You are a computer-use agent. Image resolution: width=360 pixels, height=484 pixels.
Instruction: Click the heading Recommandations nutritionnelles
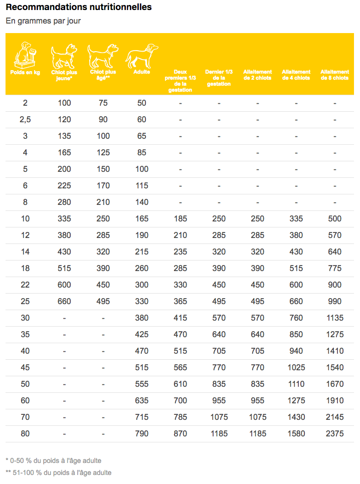(x=79, y=8)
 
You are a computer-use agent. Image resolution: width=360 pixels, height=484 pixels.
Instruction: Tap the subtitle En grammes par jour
(x=43, y=21)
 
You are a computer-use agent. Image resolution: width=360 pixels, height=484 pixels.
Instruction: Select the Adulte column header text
(x=142, y=72)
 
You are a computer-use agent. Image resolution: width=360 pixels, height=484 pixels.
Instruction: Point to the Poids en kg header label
(x=25, y=72)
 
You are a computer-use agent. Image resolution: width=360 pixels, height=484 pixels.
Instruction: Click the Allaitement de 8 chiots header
(x=334, y=75)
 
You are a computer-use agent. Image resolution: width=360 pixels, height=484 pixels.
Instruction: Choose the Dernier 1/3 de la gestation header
(x=219, y=78)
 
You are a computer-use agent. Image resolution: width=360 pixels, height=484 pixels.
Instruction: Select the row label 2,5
(x=25, y=120)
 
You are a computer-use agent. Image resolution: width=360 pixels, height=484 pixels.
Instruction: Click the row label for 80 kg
(x=25, y=433)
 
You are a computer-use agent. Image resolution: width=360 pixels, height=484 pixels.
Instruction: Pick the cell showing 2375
(x=334, y=433)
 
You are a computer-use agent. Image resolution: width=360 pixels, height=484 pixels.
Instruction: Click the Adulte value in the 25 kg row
(x=142, y=301)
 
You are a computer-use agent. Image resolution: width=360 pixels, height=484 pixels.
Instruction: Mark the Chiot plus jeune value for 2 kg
(x=64, y=103)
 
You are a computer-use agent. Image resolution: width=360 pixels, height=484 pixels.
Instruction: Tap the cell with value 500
(x=334, y=218)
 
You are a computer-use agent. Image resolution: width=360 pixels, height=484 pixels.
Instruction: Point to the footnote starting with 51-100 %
(x=59, y=472)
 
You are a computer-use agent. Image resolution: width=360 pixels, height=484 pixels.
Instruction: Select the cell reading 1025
(x=296, y=367)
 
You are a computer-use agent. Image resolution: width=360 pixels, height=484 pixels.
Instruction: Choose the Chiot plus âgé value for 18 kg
(x=103, y=268)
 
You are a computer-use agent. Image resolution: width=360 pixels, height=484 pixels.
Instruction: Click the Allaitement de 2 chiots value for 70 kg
(x=257, y=417)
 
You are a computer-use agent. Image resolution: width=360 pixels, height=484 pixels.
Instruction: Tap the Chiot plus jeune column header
(x=64, y=75)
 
